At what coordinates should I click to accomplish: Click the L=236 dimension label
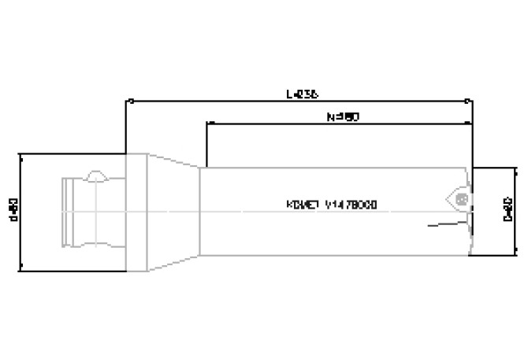pyautogui.click(x=301, y=92)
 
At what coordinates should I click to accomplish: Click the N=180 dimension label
pyautogui.click(x=343, y=116)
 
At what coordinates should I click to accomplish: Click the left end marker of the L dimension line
pyautogui.click(x=128, y=100)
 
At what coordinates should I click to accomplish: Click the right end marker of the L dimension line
pyautogui.click(x=470, y=100)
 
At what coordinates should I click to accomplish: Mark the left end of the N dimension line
pyautogui.click(x=206, y=124)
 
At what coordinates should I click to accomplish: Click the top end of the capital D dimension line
pyautogui.click(x=515, y=168)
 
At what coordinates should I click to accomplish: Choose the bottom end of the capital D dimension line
pyautogui.click(x=515, y=253)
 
